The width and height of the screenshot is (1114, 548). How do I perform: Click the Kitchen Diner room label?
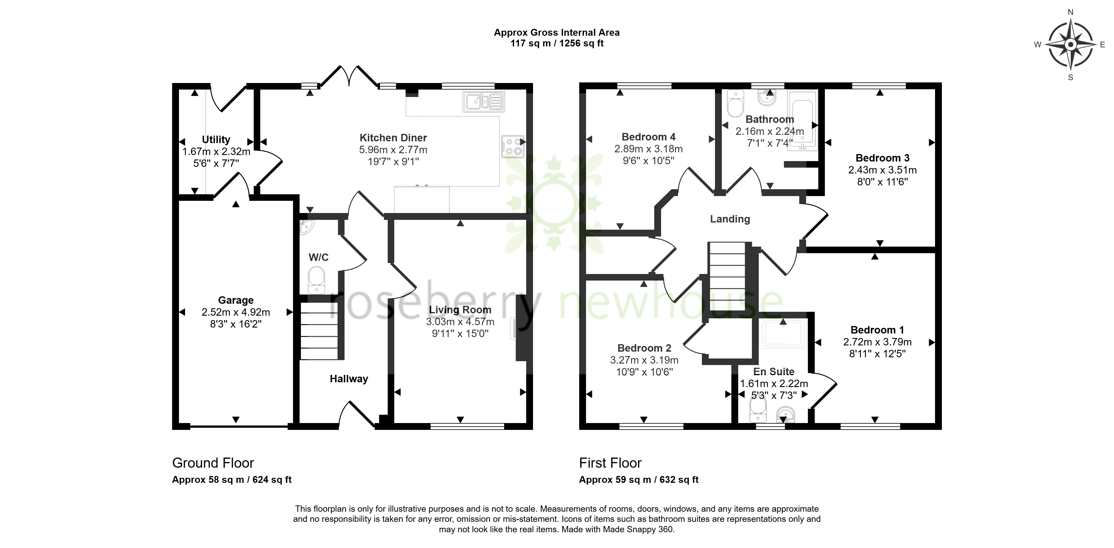pos(393,138)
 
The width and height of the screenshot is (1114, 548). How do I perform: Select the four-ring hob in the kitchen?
pos(512,146)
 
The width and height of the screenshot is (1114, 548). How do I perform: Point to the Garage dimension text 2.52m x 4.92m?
pos(236,312)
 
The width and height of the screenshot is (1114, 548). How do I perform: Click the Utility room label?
pos(216,140)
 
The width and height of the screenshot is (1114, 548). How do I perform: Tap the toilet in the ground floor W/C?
pos(317,280)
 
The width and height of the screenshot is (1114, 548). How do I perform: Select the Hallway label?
pos(349,379)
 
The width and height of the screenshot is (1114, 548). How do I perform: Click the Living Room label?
pos(460,310)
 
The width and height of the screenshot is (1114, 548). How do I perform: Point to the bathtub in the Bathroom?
pos(803,120)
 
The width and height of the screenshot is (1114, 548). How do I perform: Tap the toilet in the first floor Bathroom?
pos(735,104)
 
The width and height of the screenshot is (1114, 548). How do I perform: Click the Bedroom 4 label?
pos(648,137)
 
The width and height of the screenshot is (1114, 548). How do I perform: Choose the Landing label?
pos(730,219)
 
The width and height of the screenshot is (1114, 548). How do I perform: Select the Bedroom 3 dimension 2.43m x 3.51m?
pos(882,170)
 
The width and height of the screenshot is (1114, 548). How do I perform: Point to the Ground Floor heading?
pos(213,463)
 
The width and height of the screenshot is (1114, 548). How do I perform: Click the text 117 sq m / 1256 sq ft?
pos(557,43)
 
